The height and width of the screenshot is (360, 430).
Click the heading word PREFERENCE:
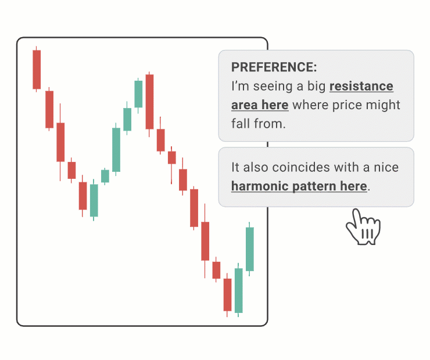tap(274, 67)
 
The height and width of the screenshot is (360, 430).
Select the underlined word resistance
tap(361, 87)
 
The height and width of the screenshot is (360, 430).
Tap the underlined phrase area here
tap(260, 105)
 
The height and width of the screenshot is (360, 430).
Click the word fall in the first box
tap(241, 124)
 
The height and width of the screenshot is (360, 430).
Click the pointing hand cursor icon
tap(363, 227)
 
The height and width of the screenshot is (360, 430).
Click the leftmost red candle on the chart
tap(37, 69)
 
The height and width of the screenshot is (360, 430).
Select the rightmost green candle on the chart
tap(249, 249)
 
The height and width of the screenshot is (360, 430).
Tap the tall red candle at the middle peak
tap(149, 102)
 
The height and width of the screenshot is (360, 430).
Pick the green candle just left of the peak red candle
tap(138, 94)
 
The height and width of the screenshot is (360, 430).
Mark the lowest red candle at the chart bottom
tap(227, 294)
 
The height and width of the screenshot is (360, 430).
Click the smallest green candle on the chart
tap(105, 176)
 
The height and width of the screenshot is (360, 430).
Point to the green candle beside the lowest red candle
tap(239, 290)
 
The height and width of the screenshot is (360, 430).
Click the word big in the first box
tap(316, 87)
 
